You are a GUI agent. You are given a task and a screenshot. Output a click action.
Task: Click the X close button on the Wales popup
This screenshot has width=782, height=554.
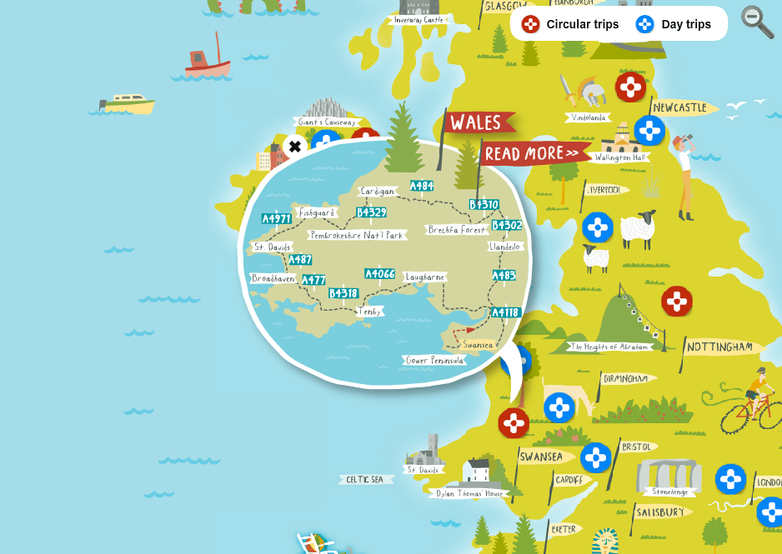click(294, 147)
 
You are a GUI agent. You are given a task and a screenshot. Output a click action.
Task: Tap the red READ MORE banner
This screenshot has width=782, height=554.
click(532, 153)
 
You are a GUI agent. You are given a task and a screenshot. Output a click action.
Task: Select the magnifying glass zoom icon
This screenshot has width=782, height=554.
click(757, 22)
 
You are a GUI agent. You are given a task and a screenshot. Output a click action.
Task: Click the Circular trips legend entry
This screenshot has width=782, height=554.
click(570, 24)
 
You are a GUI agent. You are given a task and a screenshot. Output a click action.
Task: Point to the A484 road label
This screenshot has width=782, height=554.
click(422, 186)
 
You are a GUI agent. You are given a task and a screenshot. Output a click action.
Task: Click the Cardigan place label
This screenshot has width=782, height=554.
click(377, 192)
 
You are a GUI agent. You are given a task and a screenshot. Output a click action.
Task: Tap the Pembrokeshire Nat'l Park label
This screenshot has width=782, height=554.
click(356, 235)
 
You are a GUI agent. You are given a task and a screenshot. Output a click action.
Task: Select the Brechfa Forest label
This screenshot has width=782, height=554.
click(456, 229)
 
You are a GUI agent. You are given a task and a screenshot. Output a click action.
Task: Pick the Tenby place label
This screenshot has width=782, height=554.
click(368, 311)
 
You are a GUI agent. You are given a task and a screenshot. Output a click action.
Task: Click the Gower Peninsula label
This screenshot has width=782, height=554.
click(434, 360)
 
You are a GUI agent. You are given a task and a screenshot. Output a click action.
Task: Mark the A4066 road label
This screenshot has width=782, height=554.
click(380, 273)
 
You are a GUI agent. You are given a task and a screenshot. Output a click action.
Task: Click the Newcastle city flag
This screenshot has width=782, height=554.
click(680, 108)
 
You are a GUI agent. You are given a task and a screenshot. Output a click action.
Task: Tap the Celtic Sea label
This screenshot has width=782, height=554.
click(365, 479)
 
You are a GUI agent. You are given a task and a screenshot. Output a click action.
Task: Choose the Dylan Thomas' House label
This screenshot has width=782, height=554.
click(470, 493)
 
